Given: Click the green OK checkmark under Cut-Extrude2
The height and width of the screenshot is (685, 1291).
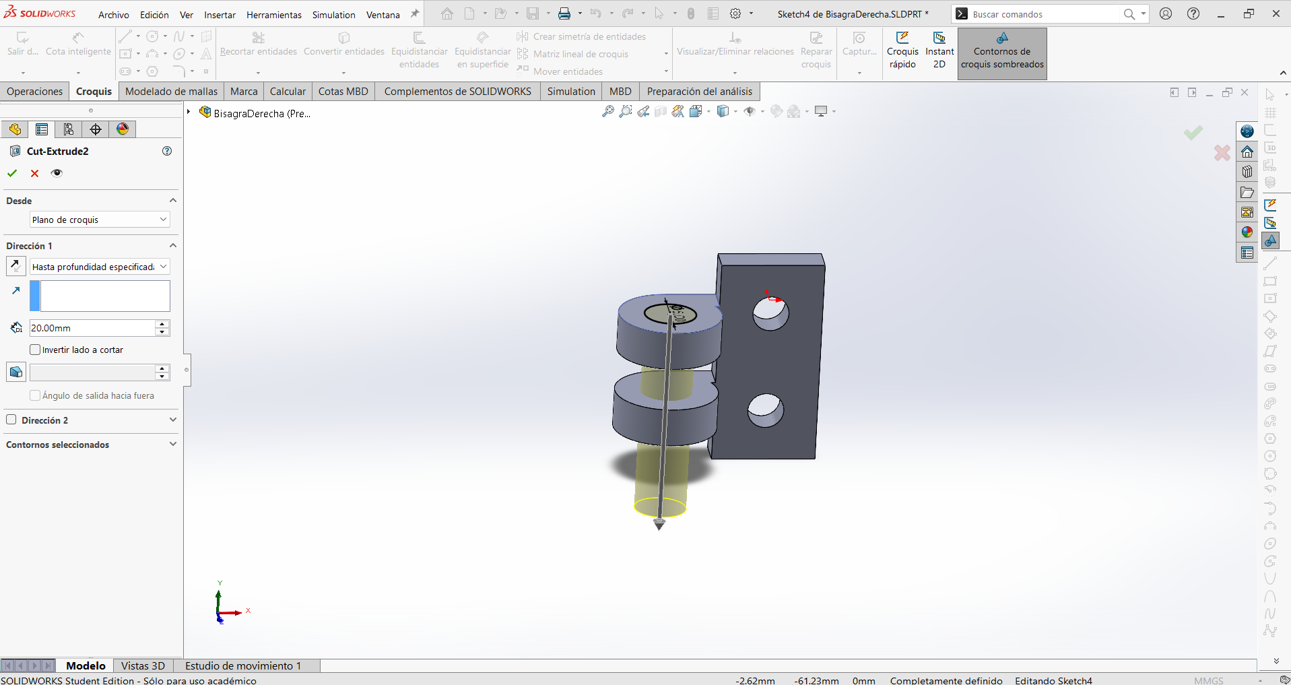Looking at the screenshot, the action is pos(12,173).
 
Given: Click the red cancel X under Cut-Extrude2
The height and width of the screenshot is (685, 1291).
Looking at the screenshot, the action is pos(35,173).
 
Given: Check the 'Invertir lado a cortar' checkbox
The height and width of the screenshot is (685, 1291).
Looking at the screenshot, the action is pos(35,350).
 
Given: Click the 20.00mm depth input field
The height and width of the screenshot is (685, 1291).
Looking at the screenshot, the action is pos(92,328).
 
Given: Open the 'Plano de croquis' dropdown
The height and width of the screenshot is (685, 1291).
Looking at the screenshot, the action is pos(100,220).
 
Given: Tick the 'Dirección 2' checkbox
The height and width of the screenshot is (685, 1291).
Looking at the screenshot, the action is pos(11,420).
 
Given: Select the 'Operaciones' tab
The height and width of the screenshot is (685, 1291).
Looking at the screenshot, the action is pos(35,92).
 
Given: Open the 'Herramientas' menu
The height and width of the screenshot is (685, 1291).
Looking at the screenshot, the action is pos(274,14).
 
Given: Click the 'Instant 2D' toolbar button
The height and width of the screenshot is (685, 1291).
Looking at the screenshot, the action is pos(939,51).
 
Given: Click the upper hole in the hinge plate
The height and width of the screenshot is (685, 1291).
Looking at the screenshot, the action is pos(770,314).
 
